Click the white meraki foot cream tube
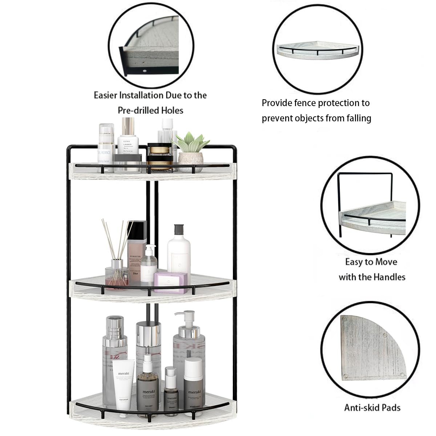[x=124, y=381]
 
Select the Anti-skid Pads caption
[x=372, y=407]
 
